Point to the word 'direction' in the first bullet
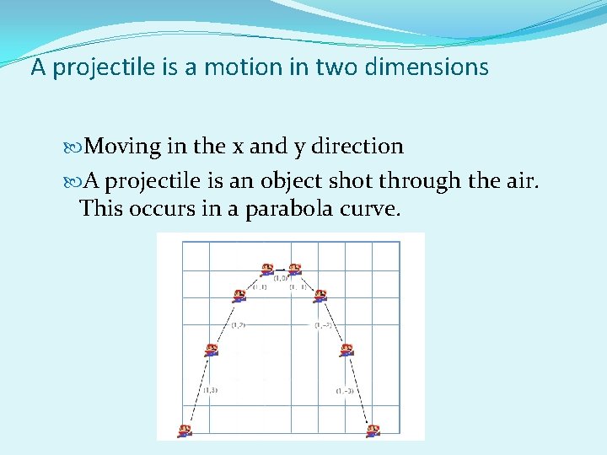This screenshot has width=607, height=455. pos(357,147)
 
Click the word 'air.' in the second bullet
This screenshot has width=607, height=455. pos(518,181)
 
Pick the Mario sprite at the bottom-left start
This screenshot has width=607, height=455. pos(185,431)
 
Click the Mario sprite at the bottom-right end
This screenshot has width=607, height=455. pos(373,431)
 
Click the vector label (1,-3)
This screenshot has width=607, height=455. pos(346,391)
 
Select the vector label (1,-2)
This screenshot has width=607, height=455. pos(324,325)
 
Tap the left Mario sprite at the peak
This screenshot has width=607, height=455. pos(266,270)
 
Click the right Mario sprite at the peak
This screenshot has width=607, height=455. pos(293,270)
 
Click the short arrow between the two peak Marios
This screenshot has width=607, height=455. pos(280,270)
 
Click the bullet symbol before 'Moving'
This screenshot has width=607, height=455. pos(79,147)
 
